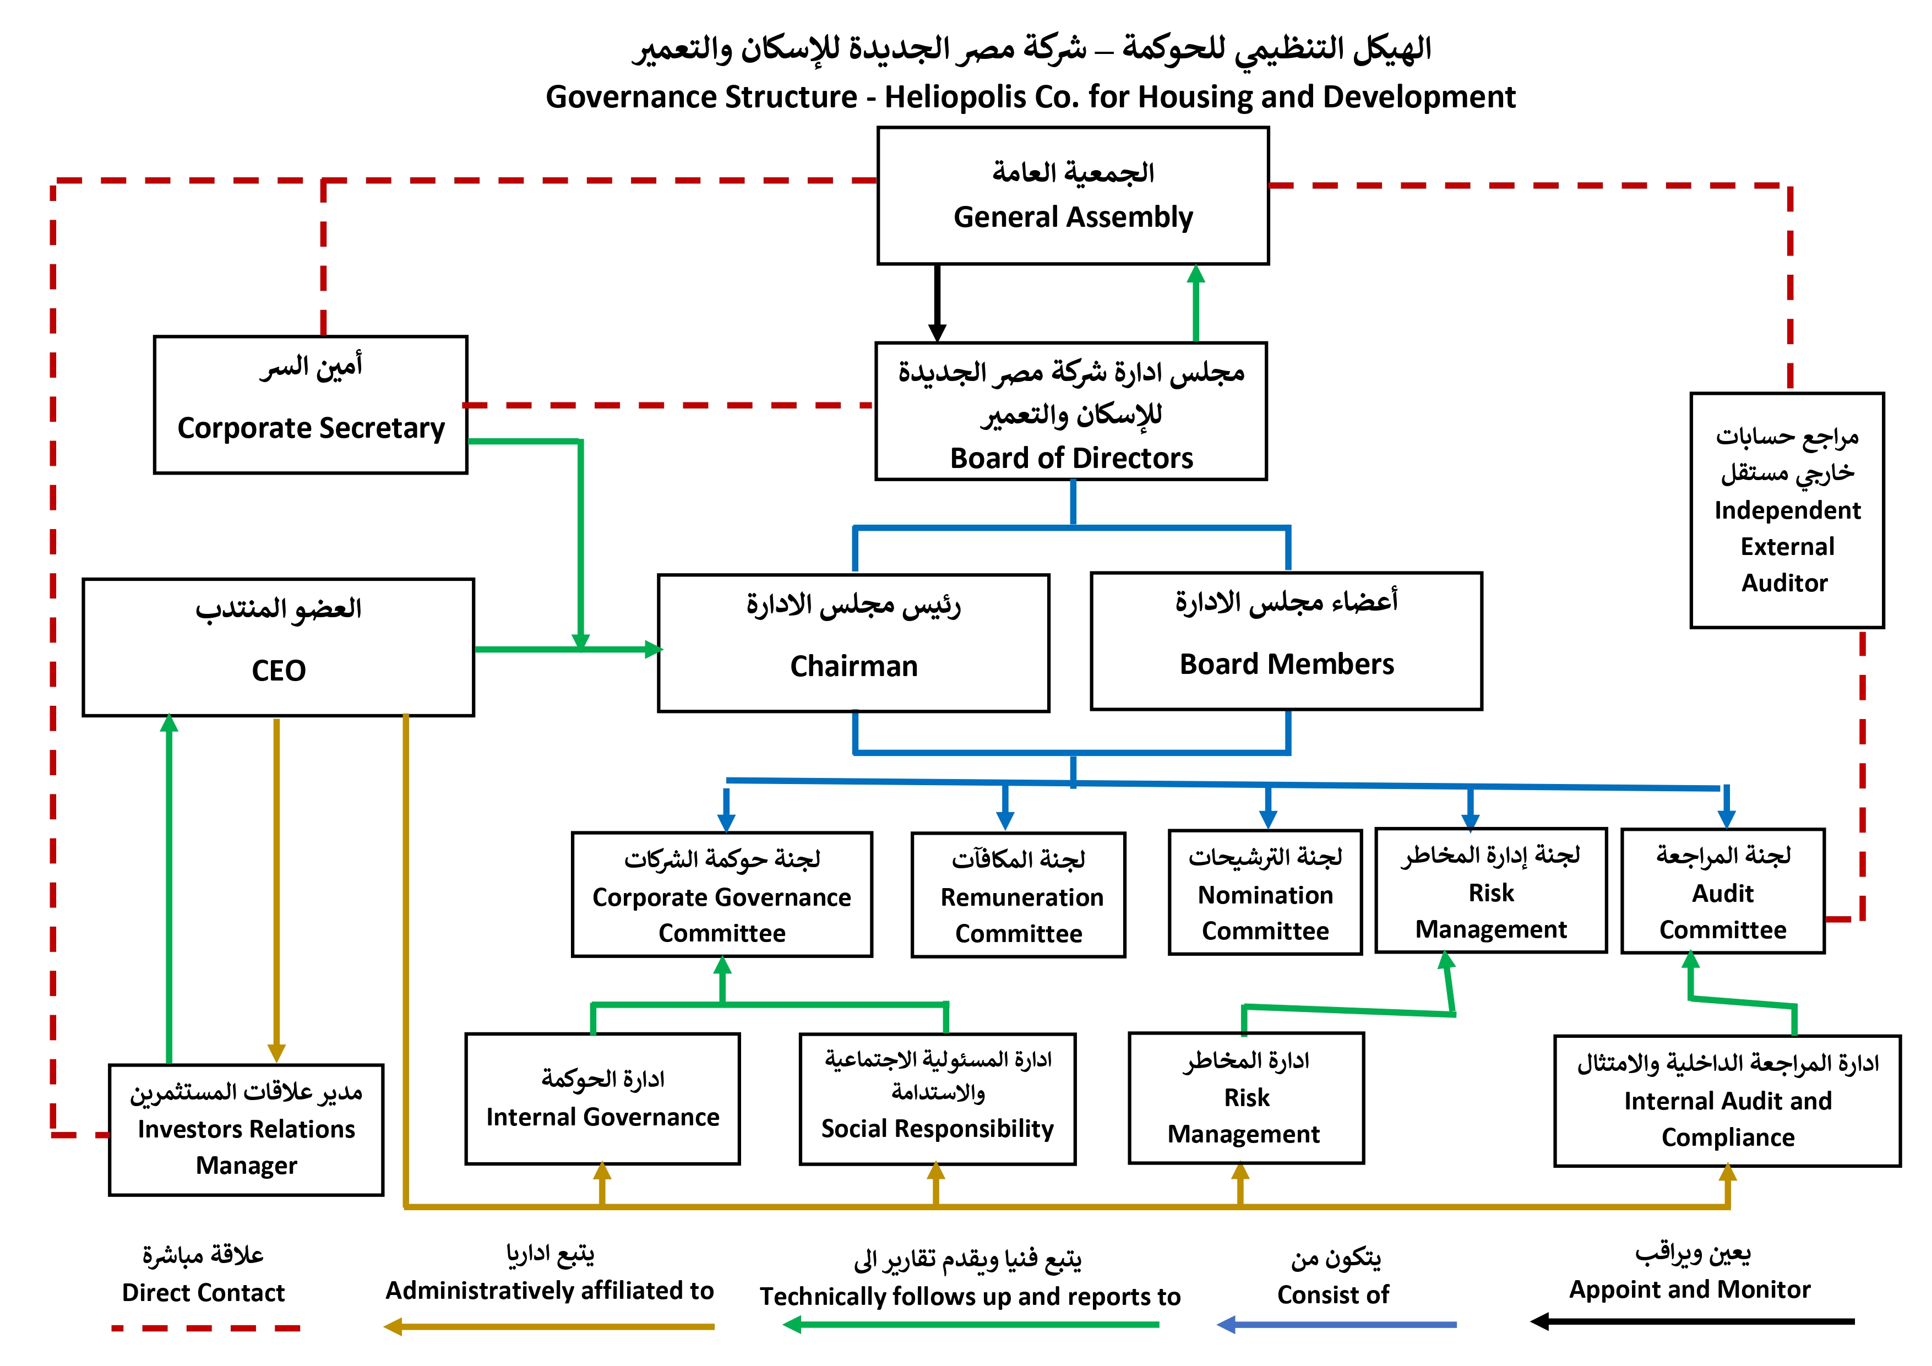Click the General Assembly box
tap(1073, 196)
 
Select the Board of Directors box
tap(1071, 412)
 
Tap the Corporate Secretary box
tap(311, 405)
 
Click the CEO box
tap(279, 647)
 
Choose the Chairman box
tap(853, 644)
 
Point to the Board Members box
tap(1286, 641)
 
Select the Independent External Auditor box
tap(1787, 510)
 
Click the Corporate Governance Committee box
tap(722, 895)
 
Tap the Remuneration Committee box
tap(1018, 895)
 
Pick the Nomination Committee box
tap(1265, 893)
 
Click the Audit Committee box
tap(1722, 891)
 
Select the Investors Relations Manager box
tap(246, 1129)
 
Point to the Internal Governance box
tap(602, 1099)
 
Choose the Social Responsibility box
tap(938, 1099)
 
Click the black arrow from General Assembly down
tap(938, 303)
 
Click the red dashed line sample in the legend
tap(205, 1328)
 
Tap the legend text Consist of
tap(1333, 1294)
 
